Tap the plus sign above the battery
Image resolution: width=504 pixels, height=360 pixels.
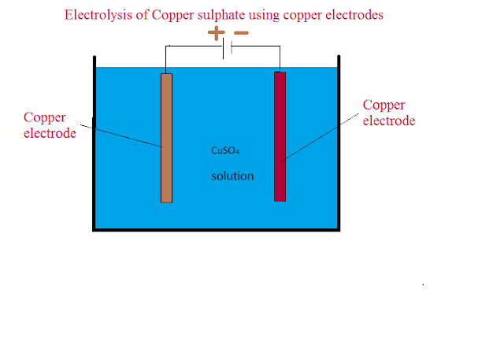click(214, 33)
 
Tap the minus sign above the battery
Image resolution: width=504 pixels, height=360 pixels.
click(241, 33)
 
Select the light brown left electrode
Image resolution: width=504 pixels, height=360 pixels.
click(166, 138)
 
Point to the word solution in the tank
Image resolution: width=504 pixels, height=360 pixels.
click(232, 176)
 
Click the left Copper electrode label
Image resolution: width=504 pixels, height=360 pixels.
click(50, 125)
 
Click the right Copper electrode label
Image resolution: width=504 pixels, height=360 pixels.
click(388, 113)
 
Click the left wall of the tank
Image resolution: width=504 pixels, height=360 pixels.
click(94, 142)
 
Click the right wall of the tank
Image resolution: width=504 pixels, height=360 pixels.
click(339, 142)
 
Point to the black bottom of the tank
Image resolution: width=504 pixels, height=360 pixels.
click(217, 229)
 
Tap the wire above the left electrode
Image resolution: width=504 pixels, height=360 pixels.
click(166, 60)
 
